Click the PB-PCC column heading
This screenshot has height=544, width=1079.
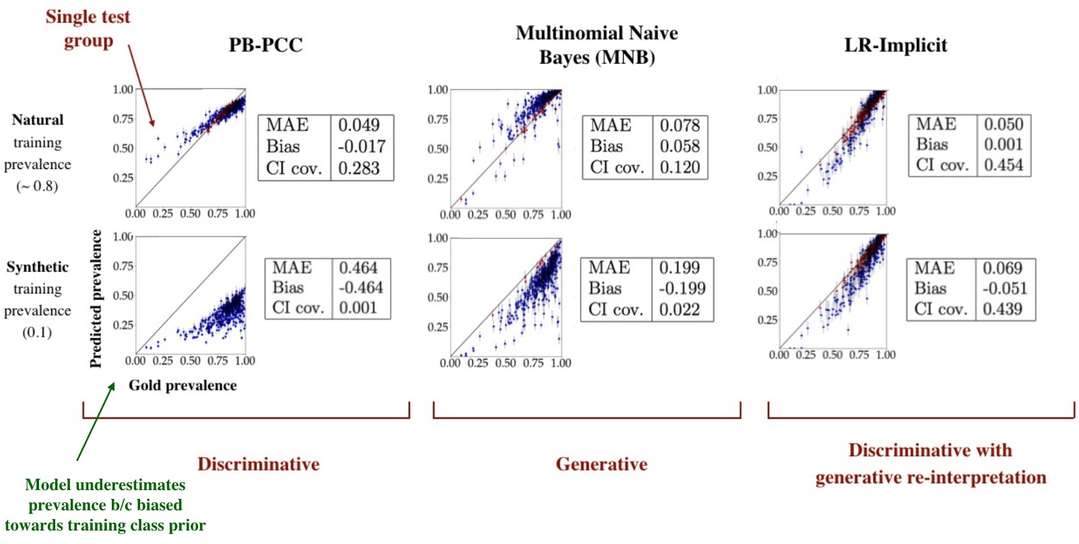(x=265, y=45)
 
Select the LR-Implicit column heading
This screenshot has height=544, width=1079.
(x=895, y=45)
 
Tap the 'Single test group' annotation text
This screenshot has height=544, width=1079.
(x=88, y=29)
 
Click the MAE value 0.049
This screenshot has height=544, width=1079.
(x=358, y=125)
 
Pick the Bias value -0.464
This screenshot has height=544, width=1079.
(x=360, y=287)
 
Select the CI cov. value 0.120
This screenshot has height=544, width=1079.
(x=680, y=167)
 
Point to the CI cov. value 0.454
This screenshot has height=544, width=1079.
(x=1003, y=165)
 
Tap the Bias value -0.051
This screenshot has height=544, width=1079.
(x=1003, y=288)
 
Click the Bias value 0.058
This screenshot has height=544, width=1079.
(x=680, y=146)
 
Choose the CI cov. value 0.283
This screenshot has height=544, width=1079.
(x=358, y=168)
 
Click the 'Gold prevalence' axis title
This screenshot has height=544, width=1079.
(x=183, y=386)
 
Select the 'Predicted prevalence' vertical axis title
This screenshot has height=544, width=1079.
(x=96, y=299)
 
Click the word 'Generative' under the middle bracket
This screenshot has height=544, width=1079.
(x=601, y=464)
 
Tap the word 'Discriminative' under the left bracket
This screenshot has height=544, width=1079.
(x=258, y=464)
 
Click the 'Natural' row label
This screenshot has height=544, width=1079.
(x=38, y=120)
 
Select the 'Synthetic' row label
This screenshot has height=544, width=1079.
(x=38, y=267)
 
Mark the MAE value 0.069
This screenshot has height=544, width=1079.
(x=1002, y=268)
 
